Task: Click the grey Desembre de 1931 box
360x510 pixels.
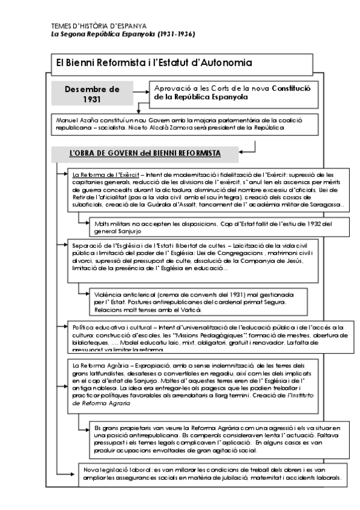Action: tap(92, 94)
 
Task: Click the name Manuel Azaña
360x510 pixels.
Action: tap(73, 120)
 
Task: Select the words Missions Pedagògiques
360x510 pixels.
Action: tap(227, 335)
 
